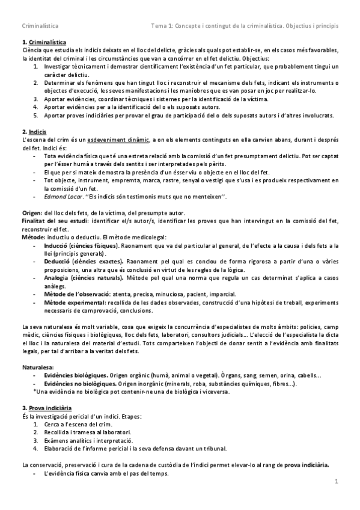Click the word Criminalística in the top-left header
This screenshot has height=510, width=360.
point(40,26)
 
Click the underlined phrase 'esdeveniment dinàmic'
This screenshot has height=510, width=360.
point(118,140)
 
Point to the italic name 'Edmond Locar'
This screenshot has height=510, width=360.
point(63,196)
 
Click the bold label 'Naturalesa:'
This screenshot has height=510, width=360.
point(37,366)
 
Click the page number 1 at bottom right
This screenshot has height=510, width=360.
point(337,481)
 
